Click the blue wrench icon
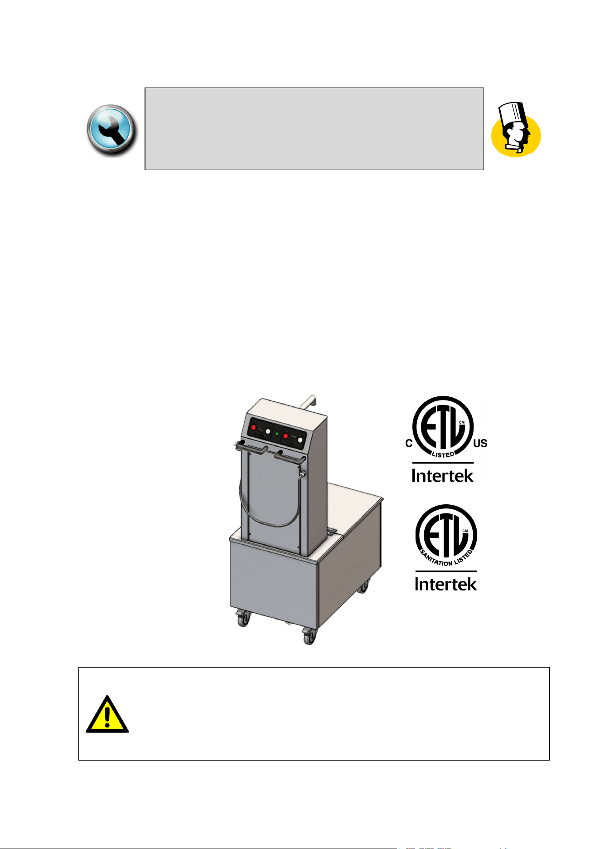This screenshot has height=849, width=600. pos(111,130)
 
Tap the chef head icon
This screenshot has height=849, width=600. pos(516,130)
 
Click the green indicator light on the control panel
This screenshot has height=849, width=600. pos(277,434)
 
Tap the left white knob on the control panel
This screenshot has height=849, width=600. pos(268,431)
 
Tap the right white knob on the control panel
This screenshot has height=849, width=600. pos(300,439)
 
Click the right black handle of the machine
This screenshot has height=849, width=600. pos(290,457)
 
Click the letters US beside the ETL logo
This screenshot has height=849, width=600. pos(480,443)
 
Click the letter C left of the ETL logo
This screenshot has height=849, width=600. pos(409,444)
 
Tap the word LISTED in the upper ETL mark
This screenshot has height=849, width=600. pos(443,454)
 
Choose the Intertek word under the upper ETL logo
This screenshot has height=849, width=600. pos(443,475)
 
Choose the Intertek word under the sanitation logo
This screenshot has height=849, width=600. pos(446,583)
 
